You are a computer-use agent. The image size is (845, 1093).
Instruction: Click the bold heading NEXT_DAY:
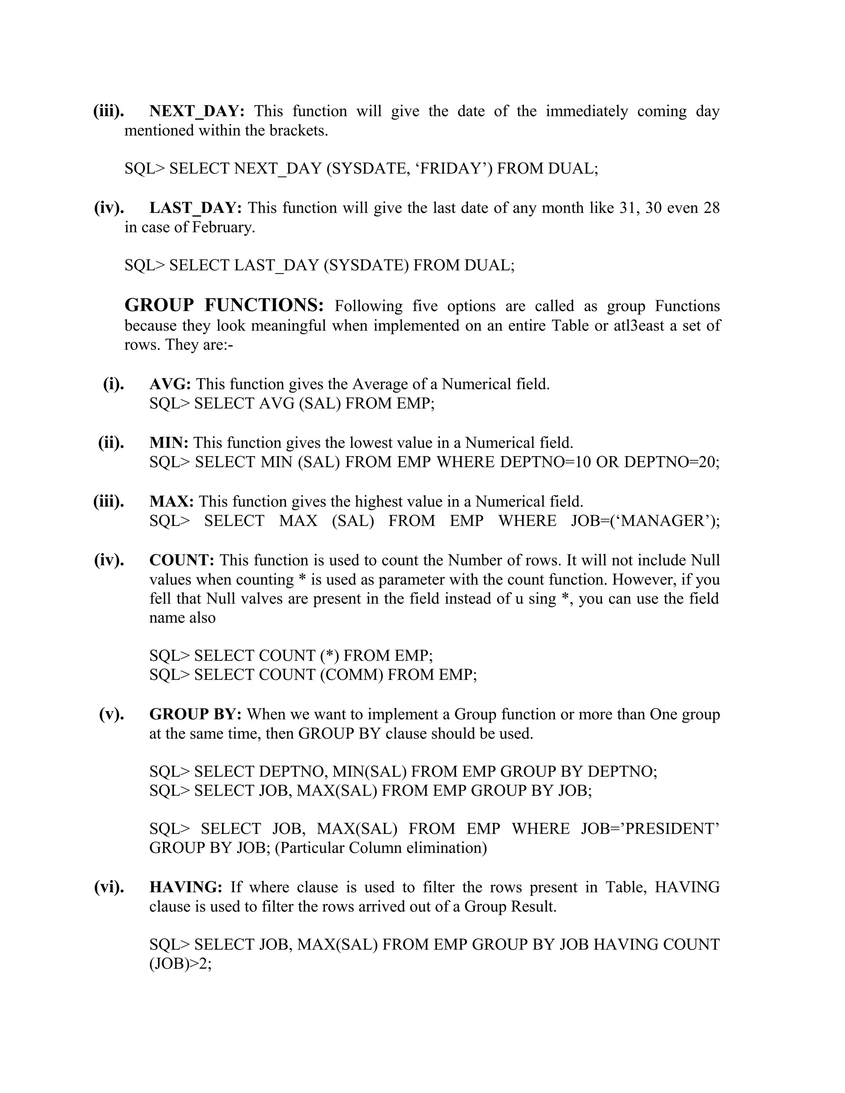[197, 111]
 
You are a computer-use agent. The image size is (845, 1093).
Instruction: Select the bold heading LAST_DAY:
[196, 208]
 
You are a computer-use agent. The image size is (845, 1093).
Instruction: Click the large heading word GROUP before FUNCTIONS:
[159, 305]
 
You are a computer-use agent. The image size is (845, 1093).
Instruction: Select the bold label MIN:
[169, 443]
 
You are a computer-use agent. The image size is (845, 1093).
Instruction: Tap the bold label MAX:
[172, 502]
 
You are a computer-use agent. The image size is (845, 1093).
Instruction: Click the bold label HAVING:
[186, 887]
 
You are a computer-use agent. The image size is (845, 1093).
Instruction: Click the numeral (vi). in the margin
[109, 887]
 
